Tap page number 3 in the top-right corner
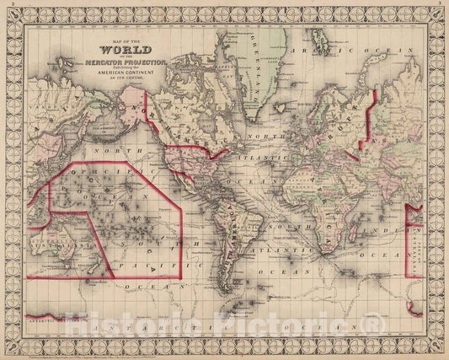coord(443,3)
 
